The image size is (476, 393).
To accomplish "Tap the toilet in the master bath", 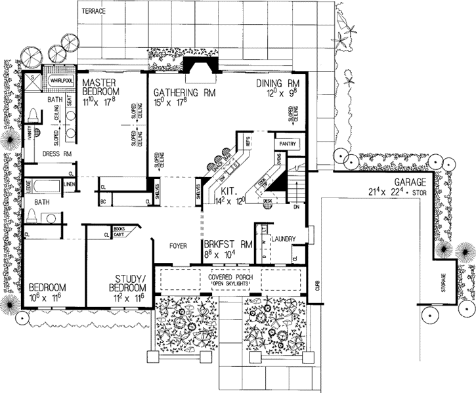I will coord(33,115).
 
